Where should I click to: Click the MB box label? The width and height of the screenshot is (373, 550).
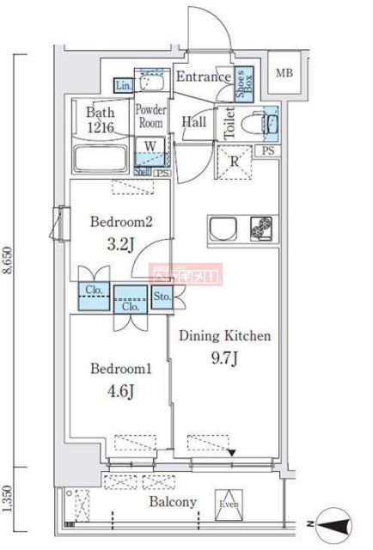coord(284,72)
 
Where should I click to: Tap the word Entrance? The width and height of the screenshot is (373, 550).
coord(202,77)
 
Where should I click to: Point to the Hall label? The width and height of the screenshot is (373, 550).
coord(193,121)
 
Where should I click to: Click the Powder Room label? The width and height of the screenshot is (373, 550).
coord(150,116)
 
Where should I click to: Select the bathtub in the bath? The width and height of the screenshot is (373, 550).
coord(101,160)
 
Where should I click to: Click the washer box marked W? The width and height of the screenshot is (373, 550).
coord(150,147)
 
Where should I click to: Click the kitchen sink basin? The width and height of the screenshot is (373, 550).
coord(227,228)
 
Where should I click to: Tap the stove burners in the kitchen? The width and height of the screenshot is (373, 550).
coord(261,228)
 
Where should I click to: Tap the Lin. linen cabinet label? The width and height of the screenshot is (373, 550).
coord(122,85)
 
